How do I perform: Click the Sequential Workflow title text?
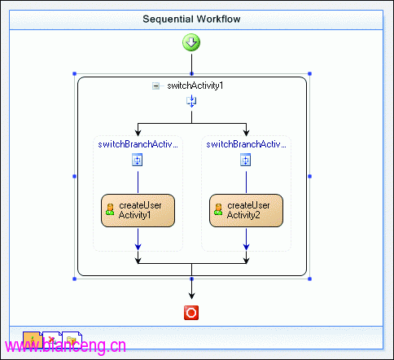[191, 19]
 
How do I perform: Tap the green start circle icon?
[191, 42]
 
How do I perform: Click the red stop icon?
[191, 313]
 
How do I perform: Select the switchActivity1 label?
[195, 86]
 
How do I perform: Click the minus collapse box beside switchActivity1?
[156, 86]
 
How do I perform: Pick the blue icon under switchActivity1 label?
[191, 101]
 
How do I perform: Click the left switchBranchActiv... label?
[138, 144]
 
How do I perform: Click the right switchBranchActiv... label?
[246, 144]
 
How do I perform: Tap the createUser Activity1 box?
[138, 210]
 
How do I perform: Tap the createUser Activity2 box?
[246, 210]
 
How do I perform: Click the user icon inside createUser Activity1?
[110, 209]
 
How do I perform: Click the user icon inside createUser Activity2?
[218, 209]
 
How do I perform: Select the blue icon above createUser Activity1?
[138, 160]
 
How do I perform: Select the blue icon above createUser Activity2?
[246, 160]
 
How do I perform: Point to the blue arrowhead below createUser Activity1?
[138, 247]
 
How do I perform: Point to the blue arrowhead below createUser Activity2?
[246, 247]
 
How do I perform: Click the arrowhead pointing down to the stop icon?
[191, 296]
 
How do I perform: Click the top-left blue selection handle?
[75, 73]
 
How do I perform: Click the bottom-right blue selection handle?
[309, 279]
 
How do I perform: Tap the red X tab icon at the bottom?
[52, 340]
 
